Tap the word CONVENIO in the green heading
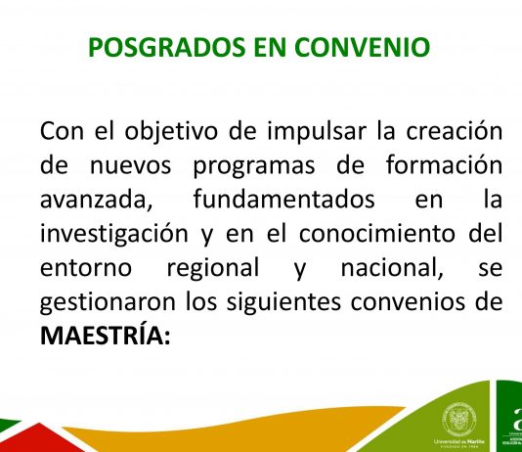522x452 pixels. [363, 47]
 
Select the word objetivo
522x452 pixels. [171, 132]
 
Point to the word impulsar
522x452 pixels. [317, 132]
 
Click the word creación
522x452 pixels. [455, 130]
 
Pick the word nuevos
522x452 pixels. [131, 166]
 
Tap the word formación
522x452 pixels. [444, 164]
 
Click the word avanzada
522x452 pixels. [96, 200]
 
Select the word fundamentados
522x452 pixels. [283, 199]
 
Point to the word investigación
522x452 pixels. [114, 235]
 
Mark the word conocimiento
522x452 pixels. [377, 233]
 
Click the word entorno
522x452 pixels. [86, 268]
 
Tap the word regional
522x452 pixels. [213, 269]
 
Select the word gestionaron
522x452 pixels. [108, 302]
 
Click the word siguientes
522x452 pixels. [283, 302]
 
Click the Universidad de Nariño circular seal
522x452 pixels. [459, 419]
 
